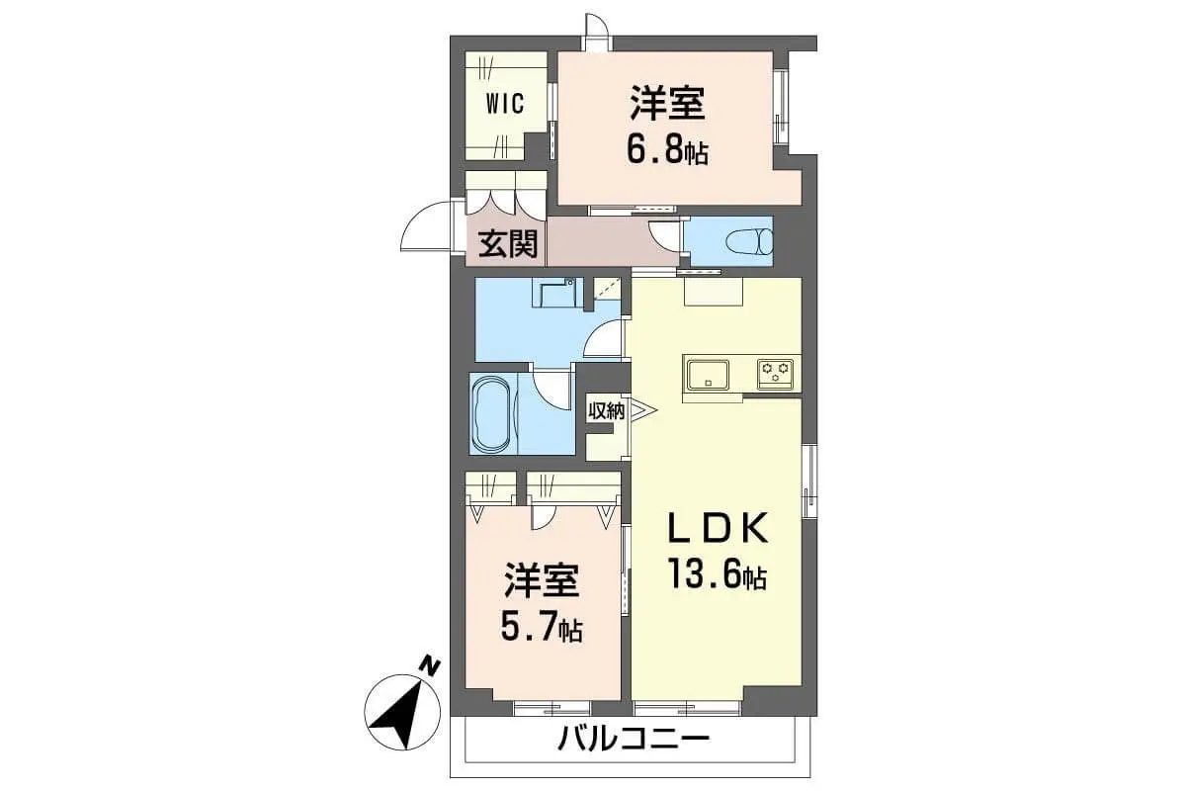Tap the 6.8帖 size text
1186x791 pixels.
(x=668, y=152)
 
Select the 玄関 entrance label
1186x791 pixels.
(x=508, y=243)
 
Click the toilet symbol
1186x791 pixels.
(x=749, y=241)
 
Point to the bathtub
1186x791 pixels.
(x=492, y=413)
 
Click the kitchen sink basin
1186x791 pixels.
(x=708, y=374)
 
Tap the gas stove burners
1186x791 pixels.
(x=775, y=374)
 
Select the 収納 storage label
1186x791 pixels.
(x=607, y=411)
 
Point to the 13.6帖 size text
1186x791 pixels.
(x=718, y=574)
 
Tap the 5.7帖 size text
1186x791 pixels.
(x=542, y=629)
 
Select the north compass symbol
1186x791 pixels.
(x=402, y=712)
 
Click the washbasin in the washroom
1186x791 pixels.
(x=557, y=293)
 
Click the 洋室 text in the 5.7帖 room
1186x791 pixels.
(x=542, y=580)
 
